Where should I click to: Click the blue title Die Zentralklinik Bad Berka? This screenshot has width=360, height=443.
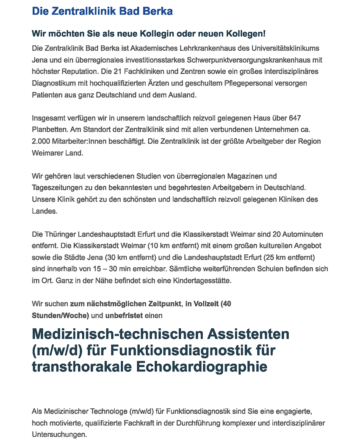click(102, 11)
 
